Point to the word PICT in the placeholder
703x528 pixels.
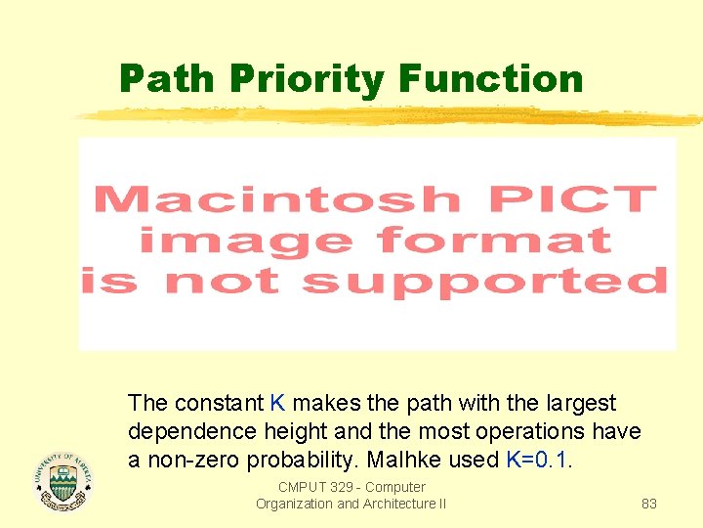click(572, 199)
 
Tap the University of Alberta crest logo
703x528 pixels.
click(62, 479)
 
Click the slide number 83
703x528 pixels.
click(648, 504)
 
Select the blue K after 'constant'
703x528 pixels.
click(277, 403)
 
